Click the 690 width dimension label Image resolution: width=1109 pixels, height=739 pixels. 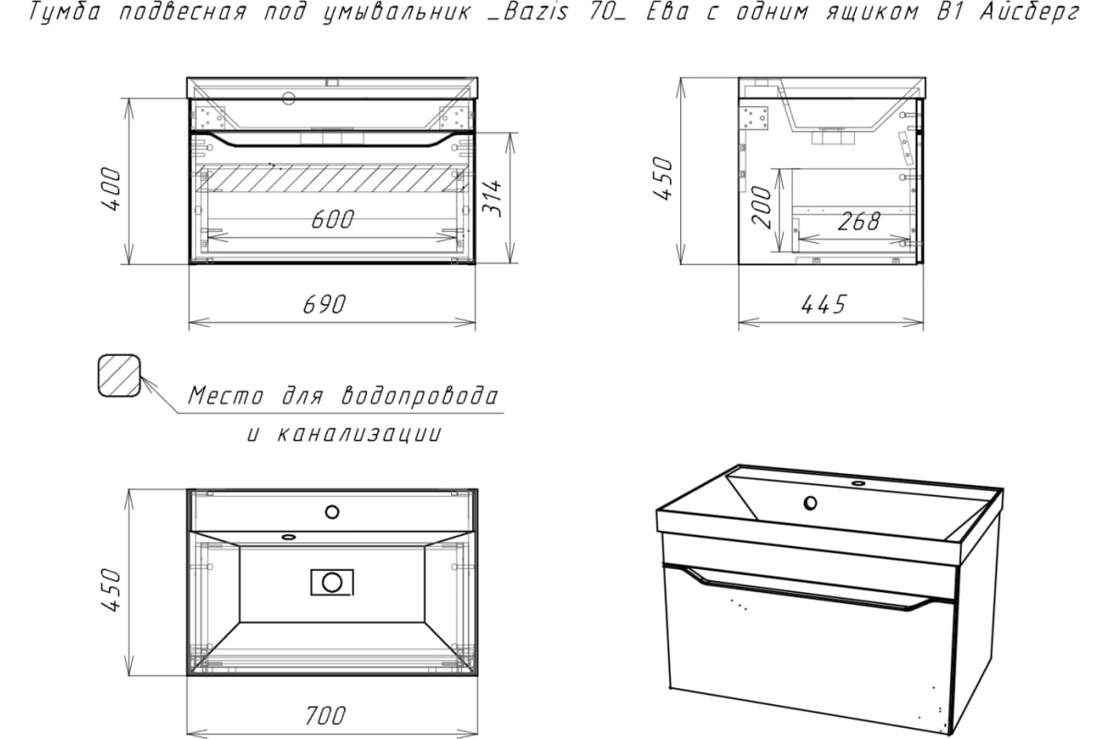[x=324, y=305]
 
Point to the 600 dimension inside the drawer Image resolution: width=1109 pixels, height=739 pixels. [x=333, y=220]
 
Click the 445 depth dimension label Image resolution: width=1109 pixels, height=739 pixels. [x=823, y=305]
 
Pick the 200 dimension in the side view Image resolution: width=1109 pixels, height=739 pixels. [x=762, y=207]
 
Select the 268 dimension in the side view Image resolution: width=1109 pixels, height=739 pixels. [x=859, y=222]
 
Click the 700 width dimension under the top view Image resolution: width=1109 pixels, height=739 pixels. [x=325, y=716]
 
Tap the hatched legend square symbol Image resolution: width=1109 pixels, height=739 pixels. [x=119, y=376]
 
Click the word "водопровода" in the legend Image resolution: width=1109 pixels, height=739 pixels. [x=420, y=396]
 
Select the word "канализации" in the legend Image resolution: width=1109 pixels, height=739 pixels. [x=358, y=434]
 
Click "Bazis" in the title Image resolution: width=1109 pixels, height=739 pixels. [x=536, y=12]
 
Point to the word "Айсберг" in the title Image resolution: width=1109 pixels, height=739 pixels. [x=1030, y=12]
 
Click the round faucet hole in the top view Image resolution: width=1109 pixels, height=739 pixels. [x=332, y=512]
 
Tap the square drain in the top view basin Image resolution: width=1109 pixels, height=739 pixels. [x=332, y=583]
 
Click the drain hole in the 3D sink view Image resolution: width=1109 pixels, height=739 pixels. [x=810, y=503]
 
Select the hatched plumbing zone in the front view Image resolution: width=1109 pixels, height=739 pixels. [x=332, y=178]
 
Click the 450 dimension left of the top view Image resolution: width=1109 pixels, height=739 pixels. [x=112, y=590]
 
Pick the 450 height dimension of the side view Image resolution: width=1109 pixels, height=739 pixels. [x=663, y=178]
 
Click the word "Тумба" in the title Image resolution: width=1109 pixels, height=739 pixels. [x=65, y=12]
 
